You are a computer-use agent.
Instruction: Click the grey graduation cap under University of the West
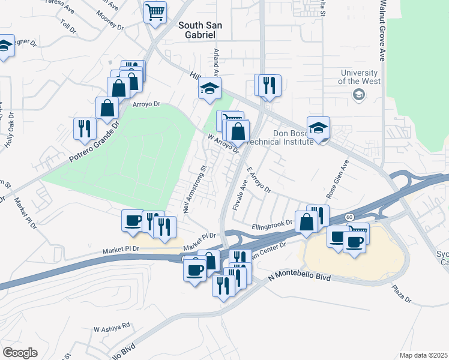click(358, 94)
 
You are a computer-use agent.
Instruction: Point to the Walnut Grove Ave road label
click(382, 30)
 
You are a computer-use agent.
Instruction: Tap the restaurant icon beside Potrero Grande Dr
click(84, 128)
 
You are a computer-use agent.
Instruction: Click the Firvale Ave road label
click(239, 193)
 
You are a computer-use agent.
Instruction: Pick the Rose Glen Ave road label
click(337, 175)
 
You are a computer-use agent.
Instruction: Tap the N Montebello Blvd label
click(300, 276)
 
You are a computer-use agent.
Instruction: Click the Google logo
click(20, 353)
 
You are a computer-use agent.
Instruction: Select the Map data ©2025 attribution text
click(423, 355)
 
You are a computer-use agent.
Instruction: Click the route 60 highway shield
click(349, 216)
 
